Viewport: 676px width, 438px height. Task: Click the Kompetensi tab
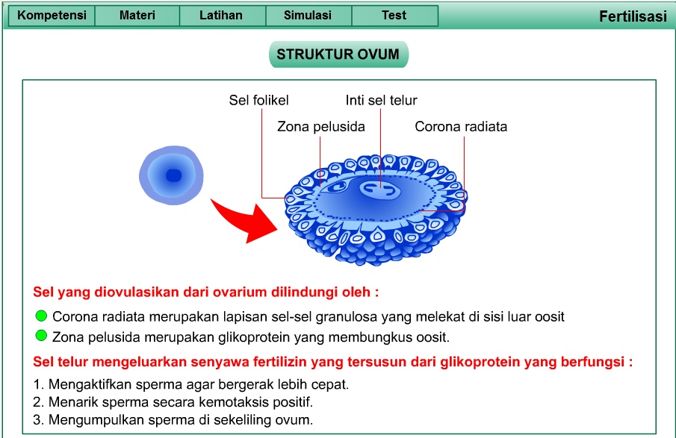click(52, 16)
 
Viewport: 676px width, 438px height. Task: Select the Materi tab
click(137, 16)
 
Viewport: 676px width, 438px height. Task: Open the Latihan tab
click(221, 16)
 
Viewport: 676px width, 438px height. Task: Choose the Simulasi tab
click(308, 16)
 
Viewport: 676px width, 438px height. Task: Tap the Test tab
click(394, 16)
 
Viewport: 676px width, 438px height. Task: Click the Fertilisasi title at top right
click(633, 17)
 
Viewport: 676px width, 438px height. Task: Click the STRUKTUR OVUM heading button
click(338, 54)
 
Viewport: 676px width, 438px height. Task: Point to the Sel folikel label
click(258, 100)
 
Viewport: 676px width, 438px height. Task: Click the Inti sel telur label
click(381, 100)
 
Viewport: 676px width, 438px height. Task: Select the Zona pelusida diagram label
click(321, 127)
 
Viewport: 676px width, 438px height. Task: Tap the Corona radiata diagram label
click(461, 127)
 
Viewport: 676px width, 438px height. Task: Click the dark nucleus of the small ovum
click(173, 175)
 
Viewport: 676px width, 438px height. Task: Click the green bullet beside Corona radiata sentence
click(41, 316)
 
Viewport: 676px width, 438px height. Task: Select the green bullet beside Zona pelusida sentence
click(41, 336)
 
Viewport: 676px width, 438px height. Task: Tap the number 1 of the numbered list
click(37, 385)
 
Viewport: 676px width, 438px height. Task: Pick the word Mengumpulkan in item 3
click(87, 419)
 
